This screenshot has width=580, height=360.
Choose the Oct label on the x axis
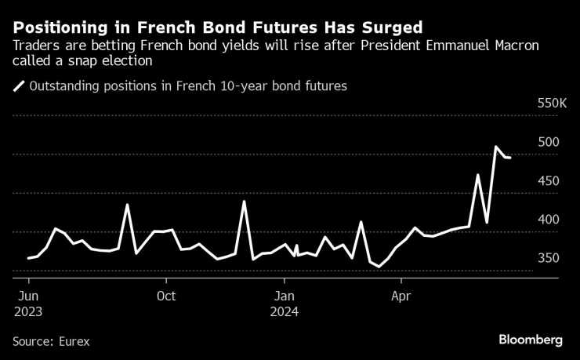tap(165, 296)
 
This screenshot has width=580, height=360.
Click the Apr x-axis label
tap(401, 296)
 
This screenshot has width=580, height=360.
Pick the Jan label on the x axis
tap(285, 296)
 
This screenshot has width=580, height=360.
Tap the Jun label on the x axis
tap(27, 296)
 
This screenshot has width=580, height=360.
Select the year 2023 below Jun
tap(27, 311)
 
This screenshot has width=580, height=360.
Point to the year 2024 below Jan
tap(285, 311)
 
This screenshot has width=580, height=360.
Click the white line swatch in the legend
tap(18, 86)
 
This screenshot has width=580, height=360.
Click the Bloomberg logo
tap(531, 340)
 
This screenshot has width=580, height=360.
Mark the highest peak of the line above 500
tap(496, 147)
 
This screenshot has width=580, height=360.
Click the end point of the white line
tap(511, 158)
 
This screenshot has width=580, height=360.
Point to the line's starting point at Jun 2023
tap(28, 258)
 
